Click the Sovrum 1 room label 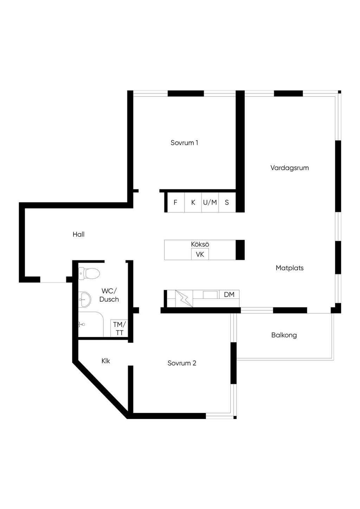(184, 143)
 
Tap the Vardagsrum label (290, 168)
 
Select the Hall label (78, 234)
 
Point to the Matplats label (290, 268)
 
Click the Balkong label (284, 335)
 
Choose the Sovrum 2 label (182, 363)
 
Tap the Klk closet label (106, 361)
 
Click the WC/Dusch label (109, 295)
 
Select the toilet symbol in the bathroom (89, 273)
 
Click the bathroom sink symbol (85, 299)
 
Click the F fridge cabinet (176, 202)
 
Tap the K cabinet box (193, 202)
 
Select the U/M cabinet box (210, 202)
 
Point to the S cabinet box (227, 202)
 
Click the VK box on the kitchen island (200, 254)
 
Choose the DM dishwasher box (229, 295)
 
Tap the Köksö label (200, 244)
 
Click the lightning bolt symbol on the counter (184, 298)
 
